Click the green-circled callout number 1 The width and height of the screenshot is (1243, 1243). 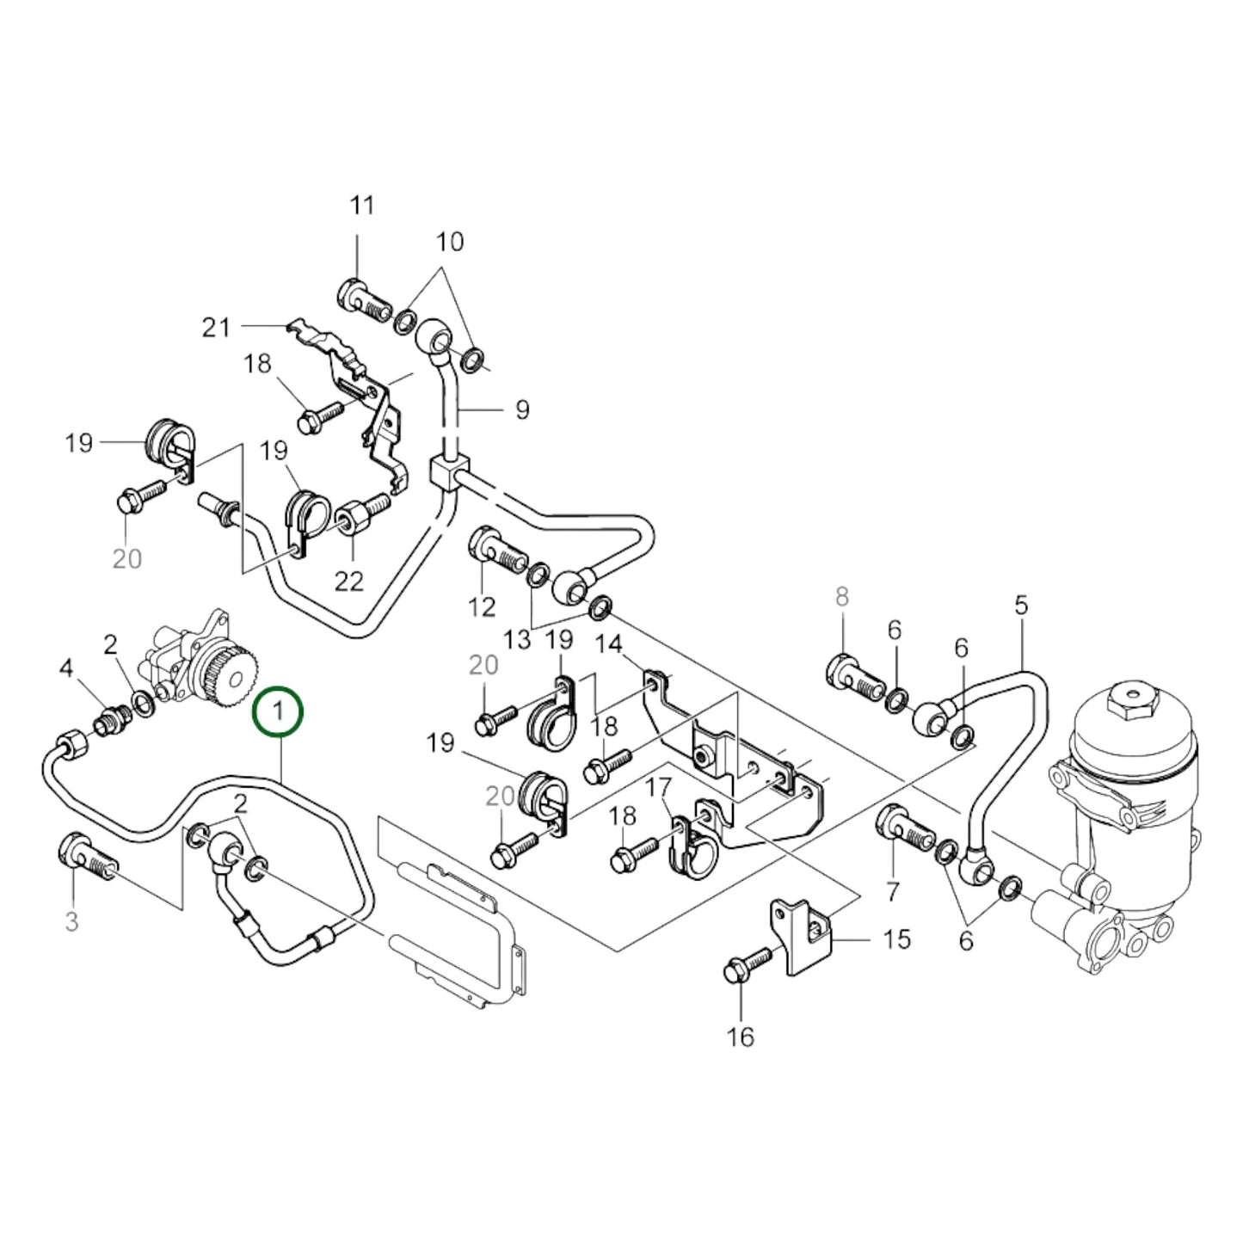[277, 711]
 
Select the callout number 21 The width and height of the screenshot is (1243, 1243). [216, 327]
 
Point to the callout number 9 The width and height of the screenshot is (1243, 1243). [522, 410]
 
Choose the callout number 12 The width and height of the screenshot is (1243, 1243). [482, 606]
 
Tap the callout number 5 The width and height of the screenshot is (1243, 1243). [1020, 605]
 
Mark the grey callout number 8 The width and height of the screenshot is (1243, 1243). [841, 595]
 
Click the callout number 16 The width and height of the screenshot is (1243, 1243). [740, 1037]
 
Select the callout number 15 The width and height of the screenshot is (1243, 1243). [896, 938]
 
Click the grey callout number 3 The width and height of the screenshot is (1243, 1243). [71, 922]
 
